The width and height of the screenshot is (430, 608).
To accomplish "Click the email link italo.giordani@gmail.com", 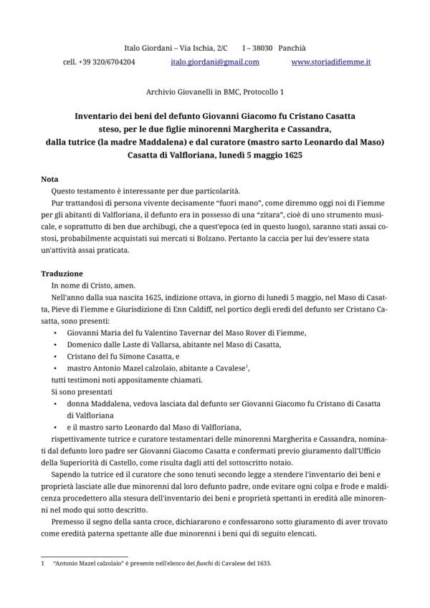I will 214,62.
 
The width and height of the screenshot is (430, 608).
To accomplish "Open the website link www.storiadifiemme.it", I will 331,62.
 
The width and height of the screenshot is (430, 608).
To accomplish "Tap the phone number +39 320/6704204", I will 107,62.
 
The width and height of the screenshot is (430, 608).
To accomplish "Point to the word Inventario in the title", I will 105,115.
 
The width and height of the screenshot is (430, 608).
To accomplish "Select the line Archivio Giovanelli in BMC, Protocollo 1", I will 214,92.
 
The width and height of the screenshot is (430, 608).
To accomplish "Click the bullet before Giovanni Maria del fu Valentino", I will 56,333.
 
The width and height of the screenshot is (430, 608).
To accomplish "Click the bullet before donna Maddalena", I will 56,403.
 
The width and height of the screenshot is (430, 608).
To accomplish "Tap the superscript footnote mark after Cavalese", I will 247,365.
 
